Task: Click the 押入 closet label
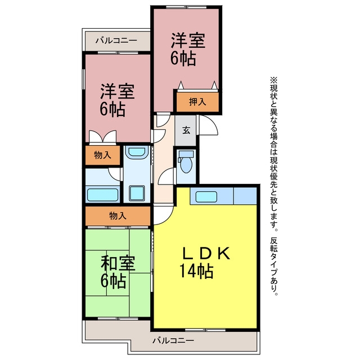click(197, 102)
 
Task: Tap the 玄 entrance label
click(186, 130)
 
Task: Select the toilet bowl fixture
click(186, 162)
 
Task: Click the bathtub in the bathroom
click(102, 195)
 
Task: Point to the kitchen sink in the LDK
click(206, 197)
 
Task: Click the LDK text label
click(206, 254)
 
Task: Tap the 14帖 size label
click(196, 271)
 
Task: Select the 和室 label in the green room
click(118, 263)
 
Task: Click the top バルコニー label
click(116, 41)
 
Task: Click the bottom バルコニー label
click(173, 340)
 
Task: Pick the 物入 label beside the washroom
click(102, 155)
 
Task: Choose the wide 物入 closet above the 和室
click(118, 216)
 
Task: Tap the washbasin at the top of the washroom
click(137, 152)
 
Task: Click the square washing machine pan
click(137, 193)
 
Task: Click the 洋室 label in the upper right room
click(188, 41)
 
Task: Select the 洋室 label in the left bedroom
click(118, 92)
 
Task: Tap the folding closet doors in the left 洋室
click(102, 137)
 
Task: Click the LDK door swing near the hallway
click(164, 215)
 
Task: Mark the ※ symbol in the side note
click(273, 80)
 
